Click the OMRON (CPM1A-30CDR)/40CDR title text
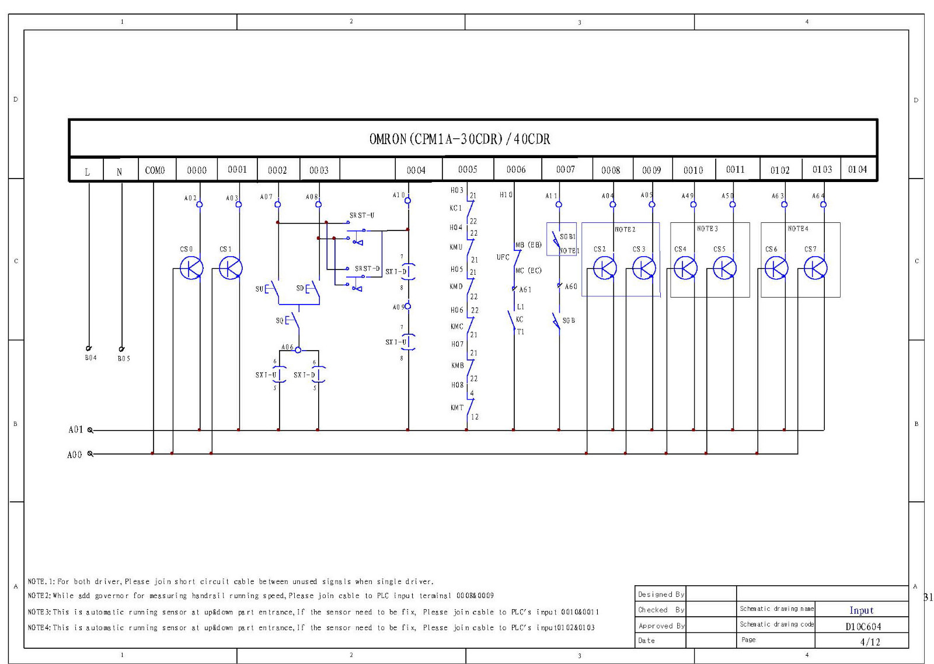point(459,139)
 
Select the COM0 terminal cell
point(155,170)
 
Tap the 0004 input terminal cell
point(416,170)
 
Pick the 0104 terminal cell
point(857,169)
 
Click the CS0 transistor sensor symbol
point(191,268)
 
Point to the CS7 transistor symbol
point(815,268)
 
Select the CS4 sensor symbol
point(685,268)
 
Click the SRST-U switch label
point(362,215)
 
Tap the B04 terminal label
point(90,358)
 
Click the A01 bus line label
point(76,430)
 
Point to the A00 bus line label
point(75,455)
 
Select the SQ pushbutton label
point(280,320)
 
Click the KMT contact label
point(457,408)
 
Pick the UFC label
point(503,257)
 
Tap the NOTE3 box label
point(707,229)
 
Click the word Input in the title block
point(861,610)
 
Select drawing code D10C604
point(863,626)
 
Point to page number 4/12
point(870,642)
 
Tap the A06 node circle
point(298,350)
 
